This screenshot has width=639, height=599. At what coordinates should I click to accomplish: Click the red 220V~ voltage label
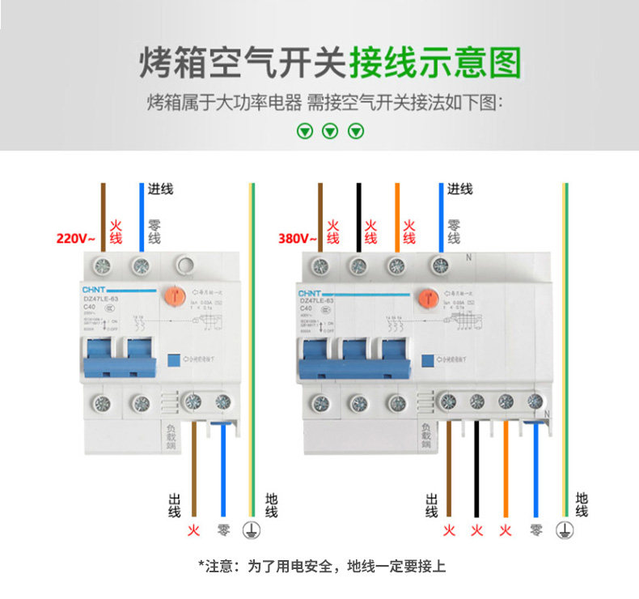click(75, 239)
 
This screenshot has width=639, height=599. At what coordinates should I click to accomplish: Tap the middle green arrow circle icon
click(329, 131)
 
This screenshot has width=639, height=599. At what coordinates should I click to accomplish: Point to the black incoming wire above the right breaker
click(358, 215)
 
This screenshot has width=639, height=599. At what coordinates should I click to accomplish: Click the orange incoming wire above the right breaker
click(397, 215)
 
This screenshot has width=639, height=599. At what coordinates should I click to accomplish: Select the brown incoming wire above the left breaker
click(103, 215)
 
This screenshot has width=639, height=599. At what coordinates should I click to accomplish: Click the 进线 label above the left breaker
click(161, 189)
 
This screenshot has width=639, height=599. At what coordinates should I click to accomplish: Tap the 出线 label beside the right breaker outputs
click(431, 505)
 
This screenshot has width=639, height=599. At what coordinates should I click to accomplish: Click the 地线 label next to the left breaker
click(270, 505)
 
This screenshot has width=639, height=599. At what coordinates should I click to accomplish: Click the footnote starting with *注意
click(321, 567)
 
